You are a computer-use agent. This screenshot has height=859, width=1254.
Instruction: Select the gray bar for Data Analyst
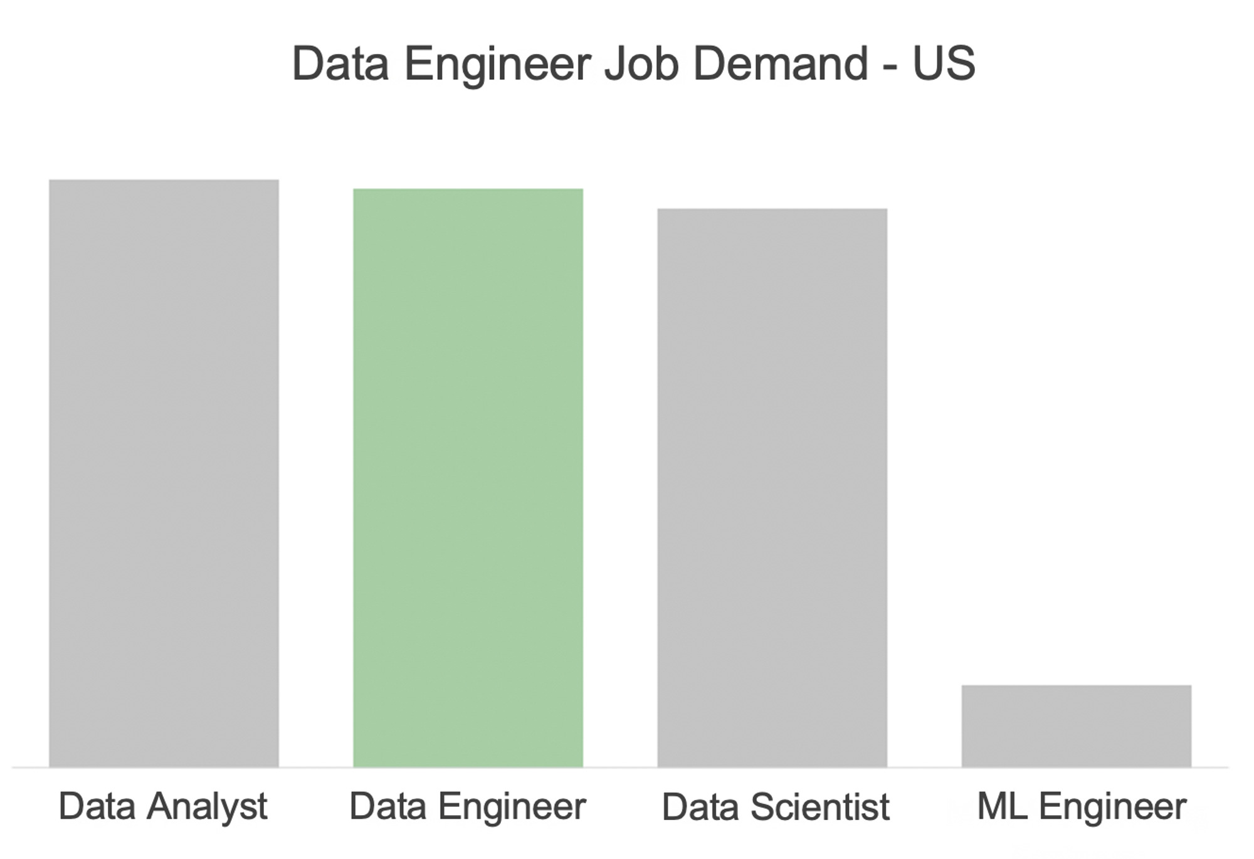(x=164, y=473)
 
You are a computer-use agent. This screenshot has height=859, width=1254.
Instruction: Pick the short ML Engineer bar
(x=1076, y=726)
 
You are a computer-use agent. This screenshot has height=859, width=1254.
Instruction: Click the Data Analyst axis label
(x=163, y=807)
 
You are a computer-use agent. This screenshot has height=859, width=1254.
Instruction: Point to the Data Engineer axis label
(x=467, y=807)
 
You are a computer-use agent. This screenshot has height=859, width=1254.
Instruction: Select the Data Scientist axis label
(x=776, y=807)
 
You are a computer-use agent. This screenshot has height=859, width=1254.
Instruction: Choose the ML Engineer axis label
(x=1082, y=807)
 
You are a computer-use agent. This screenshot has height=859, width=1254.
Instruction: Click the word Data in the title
(x=340, y=63)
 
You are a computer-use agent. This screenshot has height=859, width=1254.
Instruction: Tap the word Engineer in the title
(x=497, y=65)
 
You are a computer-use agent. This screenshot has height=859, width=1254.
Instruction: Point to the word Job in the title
(x=641, y=63)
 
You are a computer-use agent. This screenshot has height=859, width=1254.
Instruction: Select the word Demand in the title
(x=781, y=63)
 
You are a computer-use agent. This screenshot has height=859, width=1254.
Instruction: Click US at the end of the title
(x=944, y=63)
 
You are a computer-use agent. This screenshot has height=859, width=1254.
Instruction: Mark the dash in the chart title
(x=889, y=66)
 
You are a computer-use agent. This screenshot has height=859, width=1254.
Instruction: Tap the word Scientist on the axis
(x=819, y=807)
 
